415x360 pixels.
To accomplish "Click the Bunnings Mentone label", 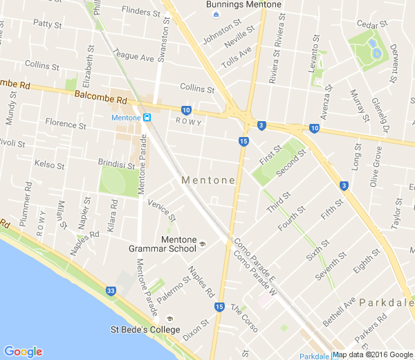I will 243,5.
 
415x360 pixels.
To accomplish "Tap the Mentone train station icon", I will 147,117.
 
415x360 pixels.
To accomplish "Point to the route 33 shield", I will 111,291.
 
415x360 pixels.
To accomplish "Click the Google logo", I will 23,352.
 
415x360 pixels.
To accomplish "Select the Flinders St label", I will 140,10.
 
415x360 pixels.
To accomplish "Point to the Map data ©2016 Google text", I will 373,354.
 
